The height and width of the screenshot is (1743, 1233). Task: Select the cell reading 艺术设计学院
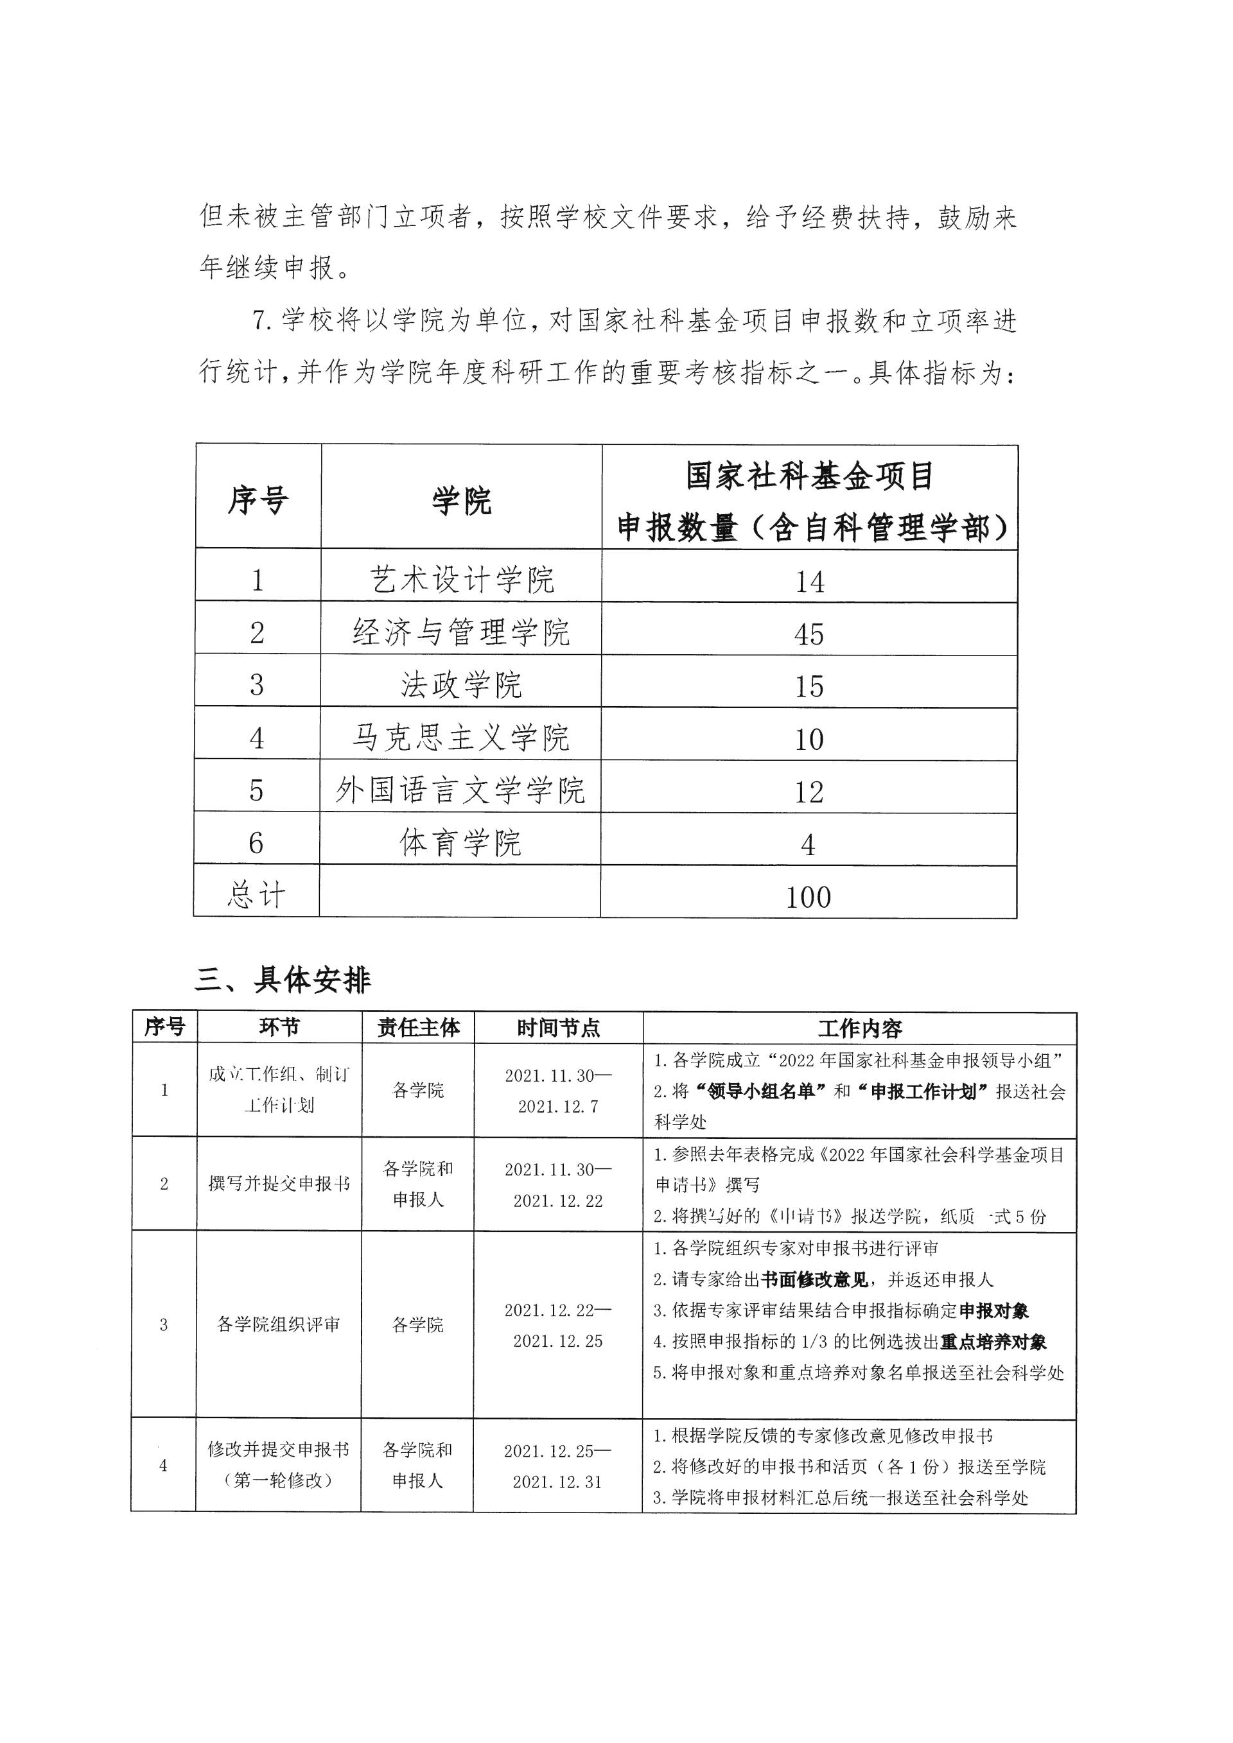[x=462, y=581]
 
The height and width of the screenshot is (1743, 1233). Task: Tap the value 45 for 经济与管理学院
[x=809, y=634]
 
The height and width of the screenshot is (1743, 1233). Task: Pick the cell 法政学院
[x=462, y=686]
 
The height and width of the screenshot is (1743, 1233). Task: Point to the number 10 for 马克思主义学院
[x=809, y=739]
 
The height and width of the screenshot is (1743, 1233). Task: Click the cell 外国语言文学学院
[x=460, y=791]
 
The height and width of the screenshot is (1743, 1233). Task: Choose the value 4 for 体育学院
[x=808, y=844]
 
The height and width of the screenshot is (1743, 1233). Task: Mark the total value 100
[x=808, y=898]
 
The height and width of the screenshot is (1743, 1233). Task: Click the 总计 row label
[x=257, y=896]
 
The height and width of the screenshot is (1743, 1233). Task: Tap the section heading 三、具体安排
[x=283, y=980]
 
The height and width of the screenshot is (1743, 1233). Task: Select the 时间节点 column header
[x=558, y=1028]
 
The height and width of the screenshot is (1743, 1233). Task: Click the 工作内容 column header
[x=859, y=1029]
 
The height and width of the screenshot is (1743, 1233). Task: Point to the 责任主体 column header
[x=418, y=1028]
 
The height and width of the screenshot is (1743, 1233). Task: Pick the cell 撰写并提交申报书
[x=279, y=1184]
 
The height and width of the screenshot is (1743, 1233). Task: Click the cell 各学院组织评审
[x=279, y=1324]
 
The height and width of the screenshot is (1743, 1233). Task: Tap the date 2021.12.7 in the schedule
[x=558, y=1107]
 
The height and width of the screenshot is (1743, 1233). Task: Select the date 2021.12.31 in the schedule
[x=557, y=1482]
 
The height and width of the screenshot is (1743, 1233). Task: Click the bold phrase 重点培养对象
[x=993, y=1342]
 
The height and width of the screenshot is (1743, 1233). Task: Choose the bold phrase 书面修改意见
[x=815, y=1280]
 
